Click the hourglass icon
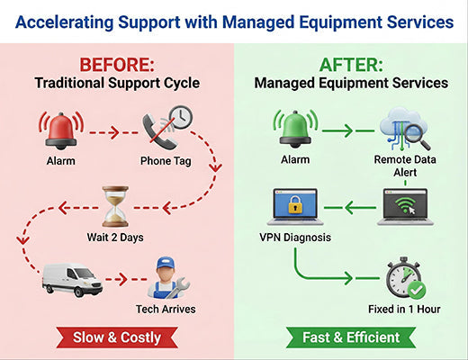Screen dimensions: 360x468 [115, 206]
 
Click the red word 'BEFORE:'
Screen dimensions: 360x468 [116, 65]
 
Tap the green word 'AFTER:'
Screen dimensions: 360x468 [351, 65]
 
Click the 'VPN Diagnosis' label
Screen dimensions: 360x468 [294, 239]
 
